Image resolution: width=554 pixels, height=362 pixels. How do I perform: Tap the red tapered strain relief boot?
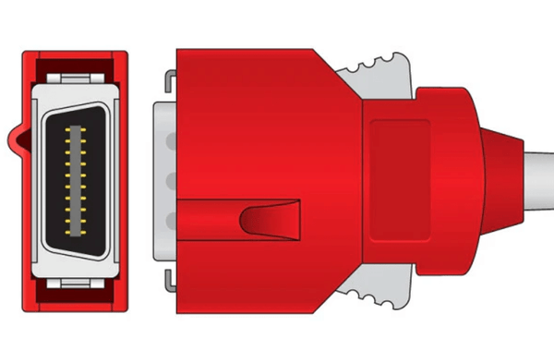503,177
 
